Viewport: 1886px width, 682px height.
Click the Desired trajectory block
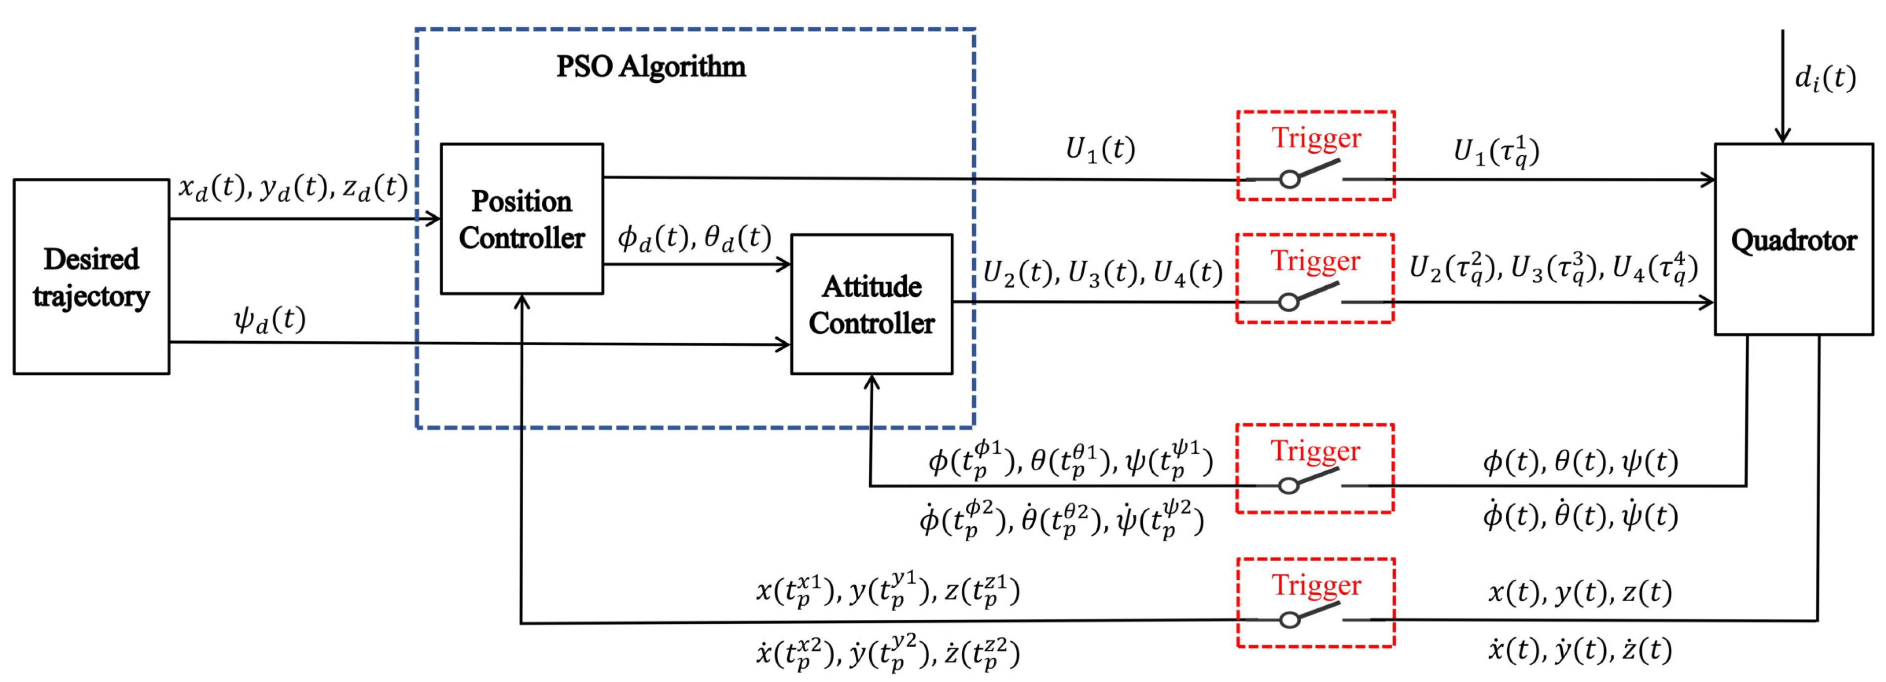(92, 277)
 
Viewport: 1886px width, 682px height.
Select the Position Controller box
(521, 219)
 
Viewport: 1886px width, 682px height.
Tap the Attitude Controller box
(871, 304)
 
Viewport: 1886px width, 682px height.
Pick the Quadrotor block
(1793, 240)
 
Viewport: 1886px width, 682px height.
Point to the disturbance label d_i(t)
(1825, 78)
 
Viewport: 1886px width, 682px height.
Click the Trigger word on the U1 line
(1316, 138)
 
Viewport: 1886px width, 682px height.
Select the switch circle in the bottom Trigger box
(1289, 620)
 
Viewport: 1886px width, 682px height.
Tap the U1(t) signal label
(1100, 149)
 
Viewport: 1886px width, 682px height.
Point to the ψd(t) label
(269, 319)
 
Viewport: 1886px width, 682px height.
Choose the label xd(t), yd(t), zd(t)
(293, 187)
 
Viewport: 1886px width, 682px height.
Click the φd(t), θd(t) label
(694, 238)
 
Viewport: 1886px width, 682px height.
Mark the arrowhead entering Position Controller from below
(521, 301)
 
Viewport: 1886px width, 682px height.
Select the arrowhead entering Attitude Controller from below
(871, 381)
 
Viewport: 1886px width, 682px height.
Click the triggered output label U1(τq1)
(1496, 152)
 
